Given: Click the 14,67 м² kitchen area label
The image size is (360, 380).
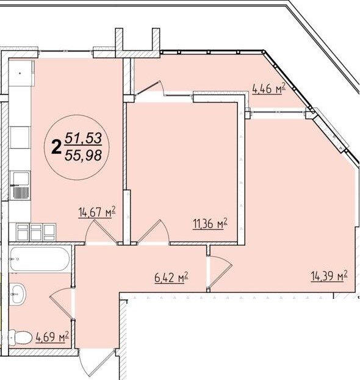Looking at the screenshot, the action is click(x=97, y=212).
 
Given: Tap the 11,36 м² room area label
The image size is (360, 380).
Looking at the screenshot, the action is click(x=210, y=223).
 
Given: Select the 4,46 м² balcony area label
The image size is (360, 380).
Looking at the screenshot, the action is click(x=268, y=88).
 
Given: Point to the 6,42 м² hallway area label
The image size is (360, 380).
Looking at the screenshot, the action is click(x=171, y=277).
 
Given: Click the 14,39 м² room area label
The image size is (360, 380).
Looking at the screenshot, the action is click(x=329, y=276).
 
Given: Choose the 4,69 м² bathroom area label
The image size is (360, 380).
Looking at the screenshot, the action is click(x=52, y=337).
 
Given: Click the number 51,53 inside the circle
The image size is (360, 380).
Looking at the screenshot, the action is click(x=83, y=138).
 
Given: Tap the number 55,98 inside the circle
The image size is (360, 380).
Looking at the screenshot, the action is click(x=83, y=155).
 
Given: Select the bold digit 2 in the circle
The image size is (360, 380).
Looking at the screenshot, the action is click(x=56, y=148).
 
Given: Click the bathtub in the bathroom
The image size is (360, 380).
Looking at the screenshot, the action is click(x=40, y=259).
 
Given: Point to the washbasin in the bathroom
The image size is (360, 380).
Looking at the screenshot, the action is click(x=18, y=294).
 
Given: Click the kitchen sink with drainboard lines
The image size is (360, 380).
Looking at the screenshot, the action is click(x=20, y=185).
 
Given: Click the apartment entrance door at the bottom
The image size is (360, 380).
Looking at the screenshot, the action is click(x=96, y=363).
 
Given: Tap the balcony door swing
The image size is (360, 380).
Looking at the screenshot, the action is click(x=149, y=88).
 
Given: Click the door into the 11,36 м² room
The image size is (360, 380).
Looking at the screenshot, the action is click(x=153, y=231).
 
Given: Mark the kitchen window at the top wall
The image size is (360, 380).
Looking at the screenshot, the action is click(x=66, y=51).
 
